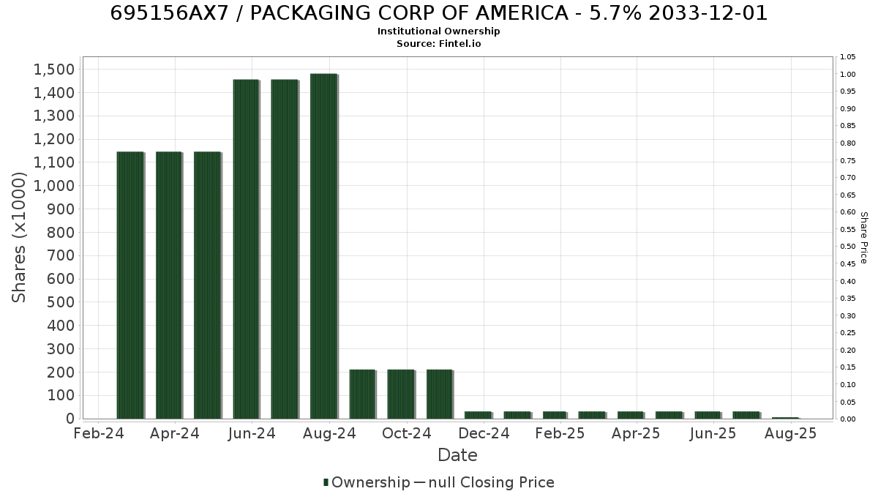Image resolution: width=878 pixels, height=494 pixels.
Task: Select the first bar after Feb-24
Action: (x=130, y=285)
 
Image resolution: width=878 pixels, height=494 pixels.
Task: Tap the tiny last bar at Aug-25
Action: (x=786, y=418)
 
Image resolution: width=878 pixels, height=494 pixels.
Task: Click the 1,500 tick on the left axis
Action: (x=53, y=70)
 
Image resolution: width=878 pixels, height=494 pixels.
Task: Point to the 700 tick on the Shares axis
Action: (x=60, y=255)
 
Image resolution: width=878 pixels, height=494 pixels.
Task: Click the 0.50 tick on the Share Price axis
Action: (x=848, y=246)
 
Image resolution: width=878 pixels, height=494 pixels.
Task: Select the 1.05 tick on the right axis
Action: (x=848, y=57)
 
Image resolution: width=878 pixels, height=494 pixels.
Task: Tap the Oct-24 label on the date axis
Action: (x=407, y=433)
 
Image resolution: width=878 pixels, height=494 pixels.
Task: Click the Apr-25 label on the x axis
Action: (x=636, y=433)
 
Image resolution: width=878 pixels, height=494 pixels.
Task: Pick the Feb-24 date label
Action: (x=99, y=433)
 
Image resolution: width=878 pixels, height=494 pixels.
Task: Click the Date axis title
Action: (x=457, y=455)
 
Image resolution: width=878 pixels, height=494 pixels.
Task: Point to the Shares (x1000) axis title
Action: (x=19, y=238)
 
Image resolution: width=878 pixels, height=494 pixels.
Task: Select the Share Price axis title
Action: (x=864, y=238)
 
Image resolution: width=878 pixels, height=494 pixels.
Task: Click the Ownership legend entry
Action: (x=367, y=482)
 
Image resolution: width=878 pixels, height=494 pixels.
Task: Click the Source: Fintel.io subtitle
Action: (x=438, y=43)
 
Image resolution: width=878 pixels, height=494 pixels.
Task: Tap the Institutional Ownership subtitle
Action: (x=438, y=31)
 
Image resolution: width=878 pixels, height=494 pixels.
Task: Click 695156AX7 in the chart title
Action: (x=169, y=13)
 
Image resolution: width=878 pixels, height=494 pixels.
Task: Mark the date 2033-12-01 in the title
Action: (x=708, y=13)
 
